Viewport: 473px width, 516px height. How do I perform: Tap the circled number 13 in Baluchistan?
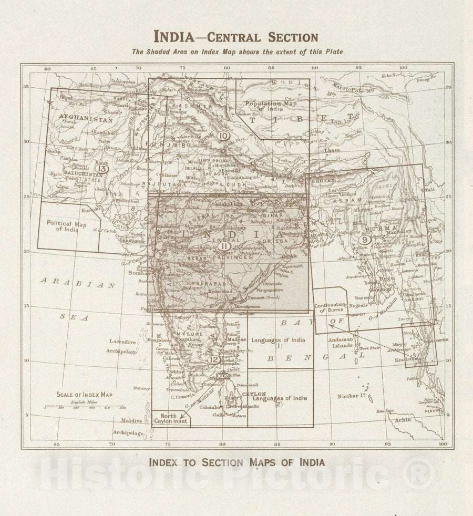(x=102, y=169)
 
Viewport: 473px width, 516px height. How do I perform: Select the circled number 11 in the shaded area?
(x=224, y=246)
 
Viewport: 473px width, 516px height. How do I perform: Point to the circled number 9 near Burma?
(x=364, y=239)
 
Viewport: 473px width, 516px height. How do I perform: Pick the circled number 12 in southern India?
(x=213, y=360)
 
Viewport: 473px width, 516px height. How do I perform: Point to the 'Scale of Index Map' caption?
(x=84, y=395)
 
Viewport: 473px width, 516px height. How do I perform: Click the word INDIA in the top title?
(x=177, y=37)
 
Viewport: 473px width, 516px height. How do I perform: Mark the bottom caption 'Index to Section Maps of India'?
(x=236, y=463)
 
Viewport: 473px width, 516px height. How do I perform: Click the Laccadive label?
(x=124, y=342)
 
